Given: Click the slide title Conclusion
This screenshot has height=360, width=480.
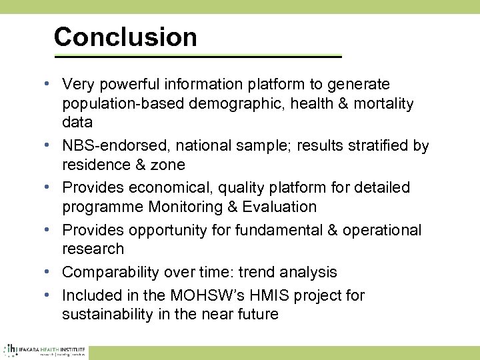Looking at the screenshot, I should (x=125, y=37).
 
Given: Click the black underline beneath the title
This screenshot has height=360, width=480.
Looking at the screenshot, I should (x=197, y=57).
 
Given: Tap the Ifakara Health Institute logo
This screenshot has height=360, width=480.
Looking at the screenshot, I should (x=44, y=350).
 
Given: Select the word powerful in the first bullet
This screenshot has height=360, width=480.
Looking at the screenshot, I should (x=127, y=84).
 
